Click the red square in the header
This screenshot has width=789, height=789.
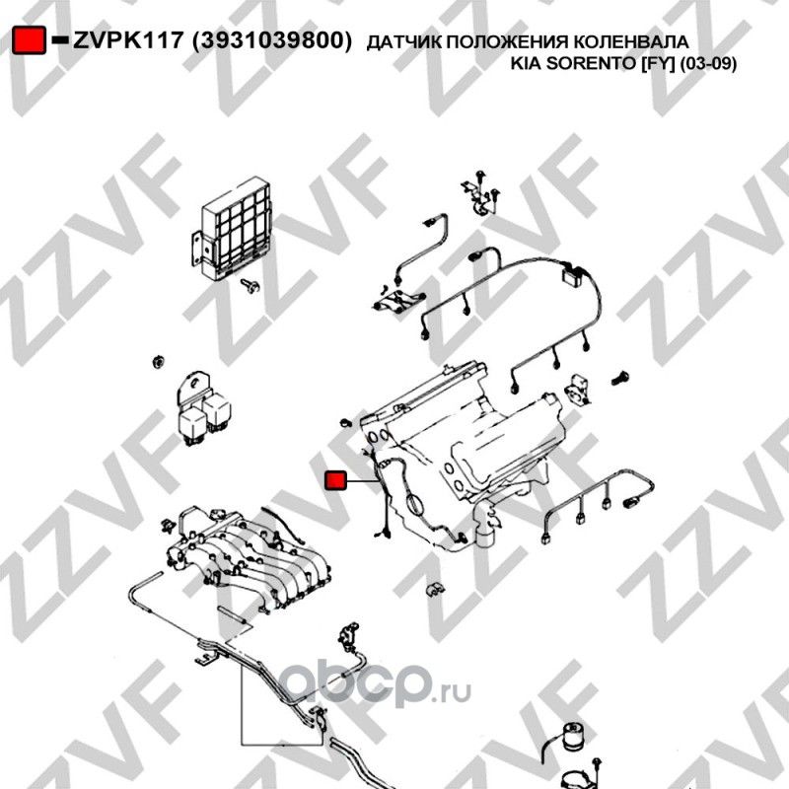coord(31,40)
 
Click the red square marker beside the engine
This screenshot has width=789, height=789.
coord(335,480)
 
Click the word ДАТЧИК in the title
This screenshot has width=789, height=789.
coord(398,42)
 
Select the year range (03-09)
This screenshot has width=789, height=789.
coord(708,65)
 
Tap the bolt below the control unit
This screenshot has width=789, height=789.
coord(251,286)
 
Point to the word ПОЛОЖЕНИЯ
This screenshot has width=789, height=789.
coord(501,42)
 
